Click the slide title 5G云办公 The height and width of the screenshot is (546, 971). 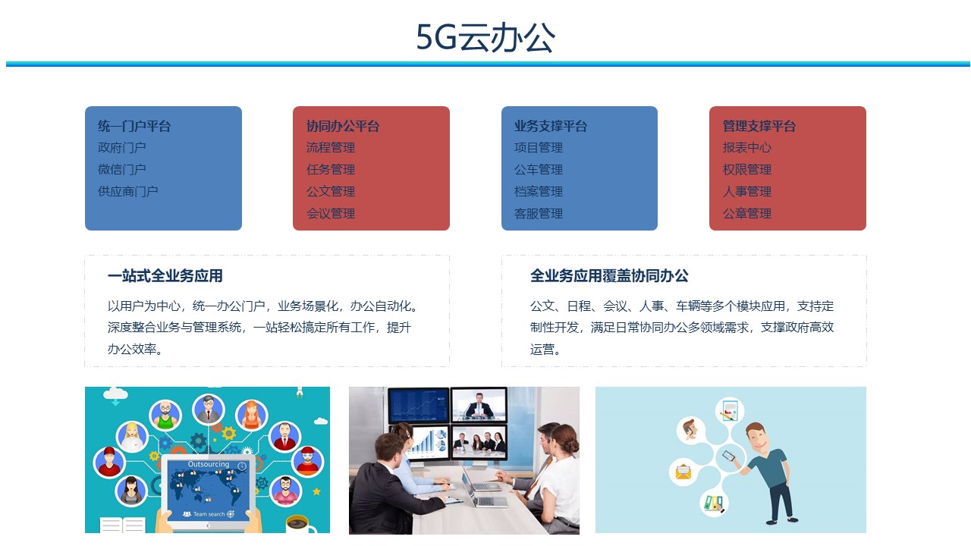click(485, 37)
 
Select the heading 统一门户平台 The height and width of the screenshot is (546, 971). click(134, 126)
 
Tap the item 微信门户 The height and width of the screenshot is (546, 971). click(122, 169)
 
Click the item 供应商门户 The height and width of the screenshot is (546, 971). click(128, 192)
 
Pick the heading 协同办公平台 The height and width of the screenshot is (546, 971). click(343, 126)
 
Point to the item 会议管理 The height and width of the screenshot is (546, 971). click(331, 214)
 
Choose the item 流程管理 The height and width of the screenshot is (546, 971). click(331, 148)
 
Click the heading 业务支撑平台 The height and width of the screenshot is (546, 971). click(551, 126)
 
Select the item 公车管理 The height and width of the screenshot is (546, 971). click(539, 169)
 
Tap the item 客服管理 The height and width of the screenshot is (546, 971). click(539, 214)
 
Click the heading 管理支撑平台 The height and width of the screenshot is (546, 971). click(759, 126)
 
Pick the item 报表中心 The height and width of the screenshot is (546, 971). click(747, 148)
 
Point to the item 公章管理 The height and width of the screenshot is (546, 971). click(747, 214)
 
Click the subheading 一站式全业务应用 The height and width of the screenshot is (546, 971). click(165, 276)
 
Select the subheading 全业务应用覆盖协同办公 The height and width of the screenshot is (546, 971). click(609, 276)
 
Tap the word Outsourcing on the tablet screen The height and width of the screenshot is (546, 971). click(209, 464)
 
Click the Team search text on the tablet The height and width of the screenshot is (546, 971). click(209, 514)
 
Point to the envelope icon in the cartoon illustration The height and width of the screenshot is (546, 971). click(683, 472)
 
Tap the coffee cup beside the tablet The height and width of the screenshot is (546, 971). click(301, 525)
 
